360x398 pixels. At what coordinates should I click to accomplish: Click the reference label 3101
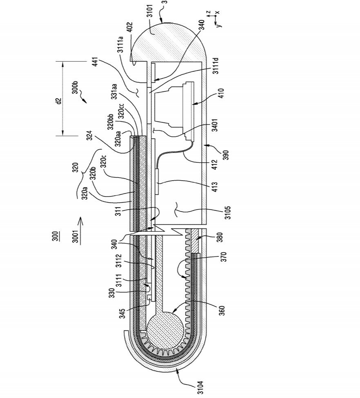[150, 11]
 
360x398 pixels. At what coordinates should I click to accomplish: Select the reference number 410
[221, 94]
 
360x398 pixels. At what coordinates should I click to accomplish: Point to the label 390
[226, 155]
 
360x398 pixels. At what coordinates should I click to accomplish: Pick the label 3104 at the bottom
[201, 387]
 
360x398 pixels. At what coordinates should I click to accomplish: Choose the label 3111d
[216, 66]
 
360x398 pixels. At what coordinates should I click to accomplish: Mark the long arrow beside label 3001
[80, 230]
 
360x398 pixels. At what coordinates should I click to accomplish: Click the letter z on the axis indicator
[208, 12]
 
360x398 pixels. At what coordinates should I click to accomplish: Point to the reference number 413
[215, 187]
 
